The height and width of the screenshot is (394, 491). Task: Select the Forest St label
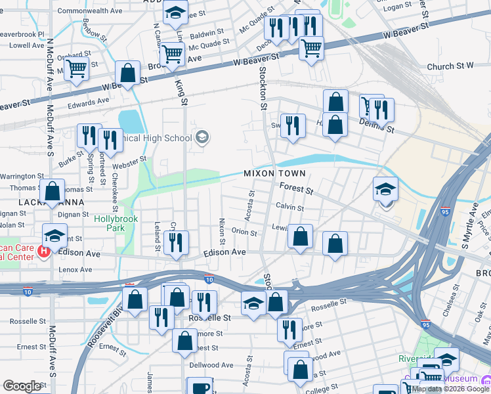[x=296, y=189]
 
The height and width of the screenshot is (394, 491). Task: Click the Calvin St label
[x=289, y=208]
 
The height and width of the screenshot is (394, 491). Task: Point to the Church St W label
[x=450, y=66]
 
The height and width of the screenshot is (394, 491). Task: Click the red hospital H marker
[x=44, y=251]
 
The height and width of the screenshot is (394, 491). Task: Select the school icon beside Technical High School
[x=202, y=137]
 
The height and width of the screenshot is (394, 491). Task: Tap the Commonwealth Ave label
[x=90, y=11]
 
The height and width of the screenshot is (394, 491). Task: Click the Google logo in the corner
[x=22, y=386]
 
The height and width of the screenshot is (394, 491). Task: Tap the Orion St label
[x=244, y=232]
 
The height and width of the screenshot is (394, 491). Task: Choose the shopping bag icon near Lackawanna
[x=53, y=190]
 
